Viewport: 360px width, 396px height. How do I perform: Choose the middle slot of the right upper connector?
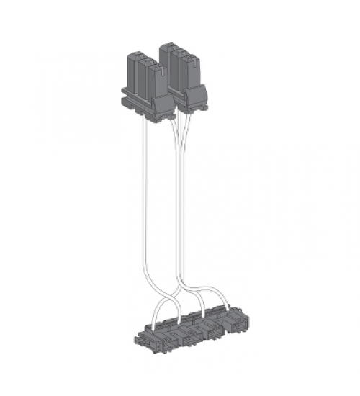point(176,68)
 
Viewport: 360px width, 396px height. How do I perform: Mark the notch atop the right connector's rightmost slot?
point(188,55)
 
